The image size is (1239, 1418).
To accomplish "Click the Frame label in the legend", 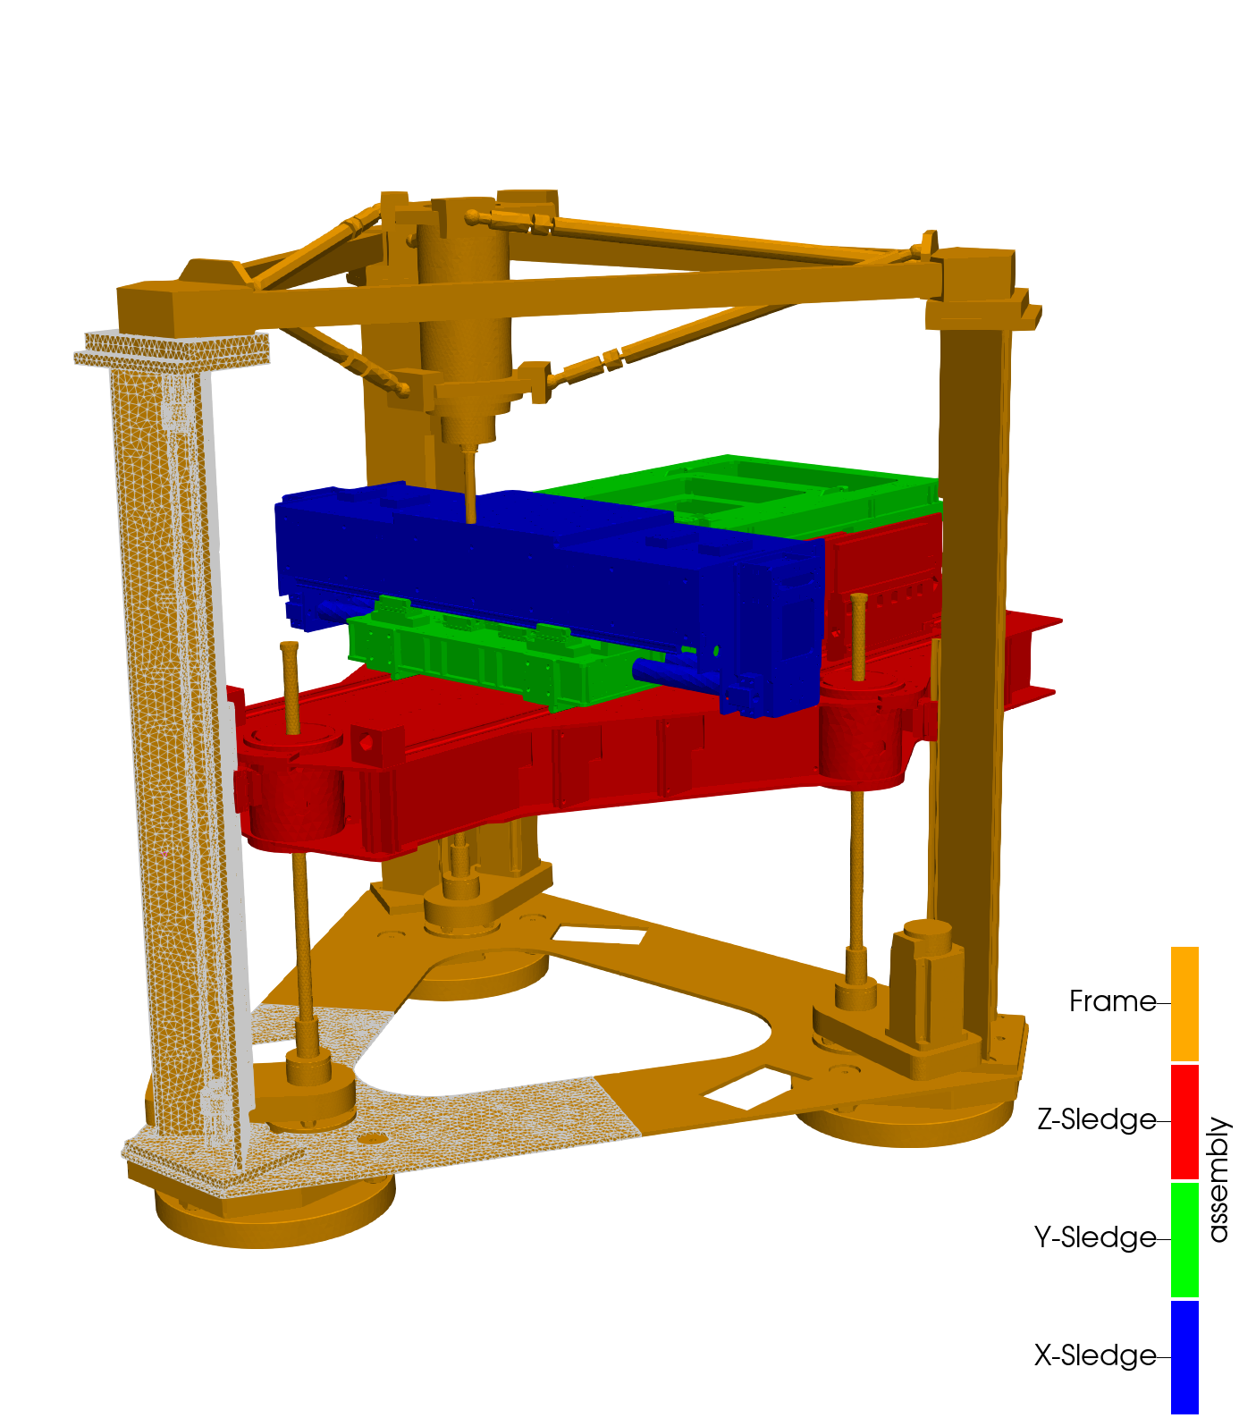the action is click(x=1112, y=1001).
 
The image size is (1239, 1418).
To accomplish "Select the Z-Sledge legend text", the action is click(x=1097, y=1119).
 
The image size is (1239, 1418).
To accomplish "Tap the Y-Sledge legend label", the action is click(x=1096, y=1237).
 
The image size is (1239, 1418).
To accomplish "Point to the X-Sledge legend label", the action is click(x=1096, y=1355).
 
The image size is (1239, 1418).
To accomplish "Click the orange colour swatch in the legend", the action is click(x=1184, y=1003).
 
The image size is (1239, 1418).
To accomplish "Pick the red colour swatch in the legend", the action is click(x=1184, y=1121).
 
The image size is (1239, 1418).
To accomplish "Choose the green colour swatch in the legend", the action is click(x=1184, y=1239).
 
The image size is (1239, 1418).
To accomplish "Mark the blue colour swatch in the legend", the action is click(x=1184, y=1357).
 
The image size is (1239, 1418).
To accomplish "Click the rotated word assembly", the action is click(x=1218, y=1179).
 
